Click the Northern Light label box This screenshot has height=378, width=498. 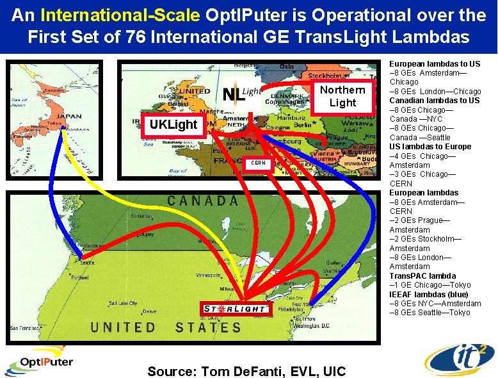pyautogui.click(x=342, y=96)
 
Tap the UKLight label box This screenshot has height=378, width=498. pyautogui.click(x=174, y=124)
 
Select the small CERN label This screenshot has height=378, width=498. pyautogui.click(x=258, y=163)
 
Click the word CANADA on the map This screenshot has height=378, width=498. pyautogui.click(x=202, y=201)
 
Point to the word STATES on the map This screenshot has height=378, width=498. pyautogui.click(x=209, y=328)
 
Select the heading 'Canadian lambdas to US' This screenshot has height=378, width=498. pyautogui.click(x=435, y=101)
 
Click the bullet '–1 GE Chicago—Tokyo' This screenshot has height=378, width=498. pyautogui.click(x=430, y=285)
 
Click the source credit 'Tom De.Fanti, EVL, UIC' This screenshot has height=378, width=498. pyautogui.click(x=246, y=371)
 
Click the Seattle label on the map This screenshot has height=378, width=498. pyautogui.click(x=88, y=263)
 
